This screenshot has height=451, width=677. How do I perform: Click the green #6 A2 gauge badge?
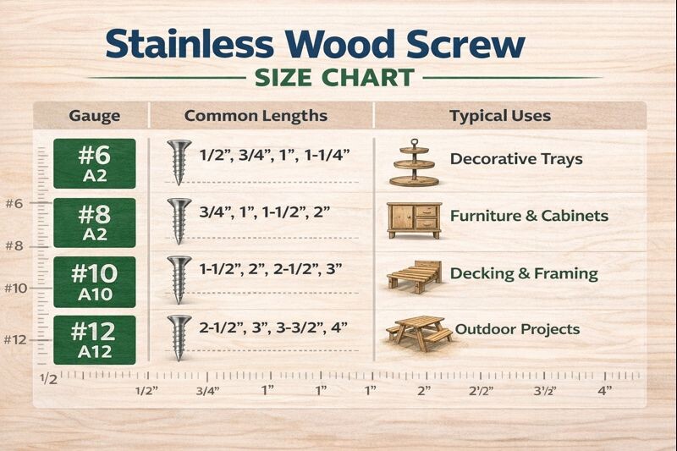(x=94, y=162)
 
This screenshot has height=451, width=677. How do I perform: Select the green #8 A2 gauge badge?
(x=94, y=222)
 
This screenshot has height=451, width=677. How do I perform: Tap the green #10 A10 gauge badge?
(x=94, y=281)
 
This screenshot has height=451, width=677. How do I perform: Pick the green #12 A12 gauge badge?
(x=94, y=339)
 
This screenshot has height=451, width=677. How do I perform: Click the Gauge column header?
(x=93, y=116)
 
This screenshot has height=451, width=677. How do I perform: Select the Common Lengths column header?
(x=256, y=116)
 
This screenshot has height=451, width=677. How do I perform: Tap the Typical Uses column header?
(x=499, y=116)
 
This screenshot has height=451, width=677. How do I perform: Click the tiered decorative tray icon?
(x=416, y=163)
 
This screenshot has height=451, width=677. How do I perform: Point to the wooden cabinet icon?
(x=413, y=219)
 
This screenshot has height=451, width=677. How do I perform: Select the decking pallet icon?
(x=414, y=276)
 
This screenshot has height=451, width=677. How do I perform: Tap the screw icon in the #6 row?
(x=179, y=161)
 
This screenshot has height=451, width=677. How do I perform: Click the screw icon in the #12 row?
(x=179, y=336)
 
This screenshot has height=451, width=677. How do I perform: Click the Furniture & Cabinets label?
(x=528, y=216)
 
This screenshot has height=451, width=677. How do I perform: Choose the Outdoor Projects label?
(x=517, y=328)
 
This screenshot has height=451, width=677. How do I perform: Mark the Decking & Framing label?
(x=523, y=273)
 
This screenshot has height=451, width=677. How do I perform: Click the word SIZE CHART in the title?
(x=334, y=78)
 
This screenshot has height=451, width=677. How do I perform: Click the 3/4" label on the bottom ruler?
(x=207, y=391)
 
